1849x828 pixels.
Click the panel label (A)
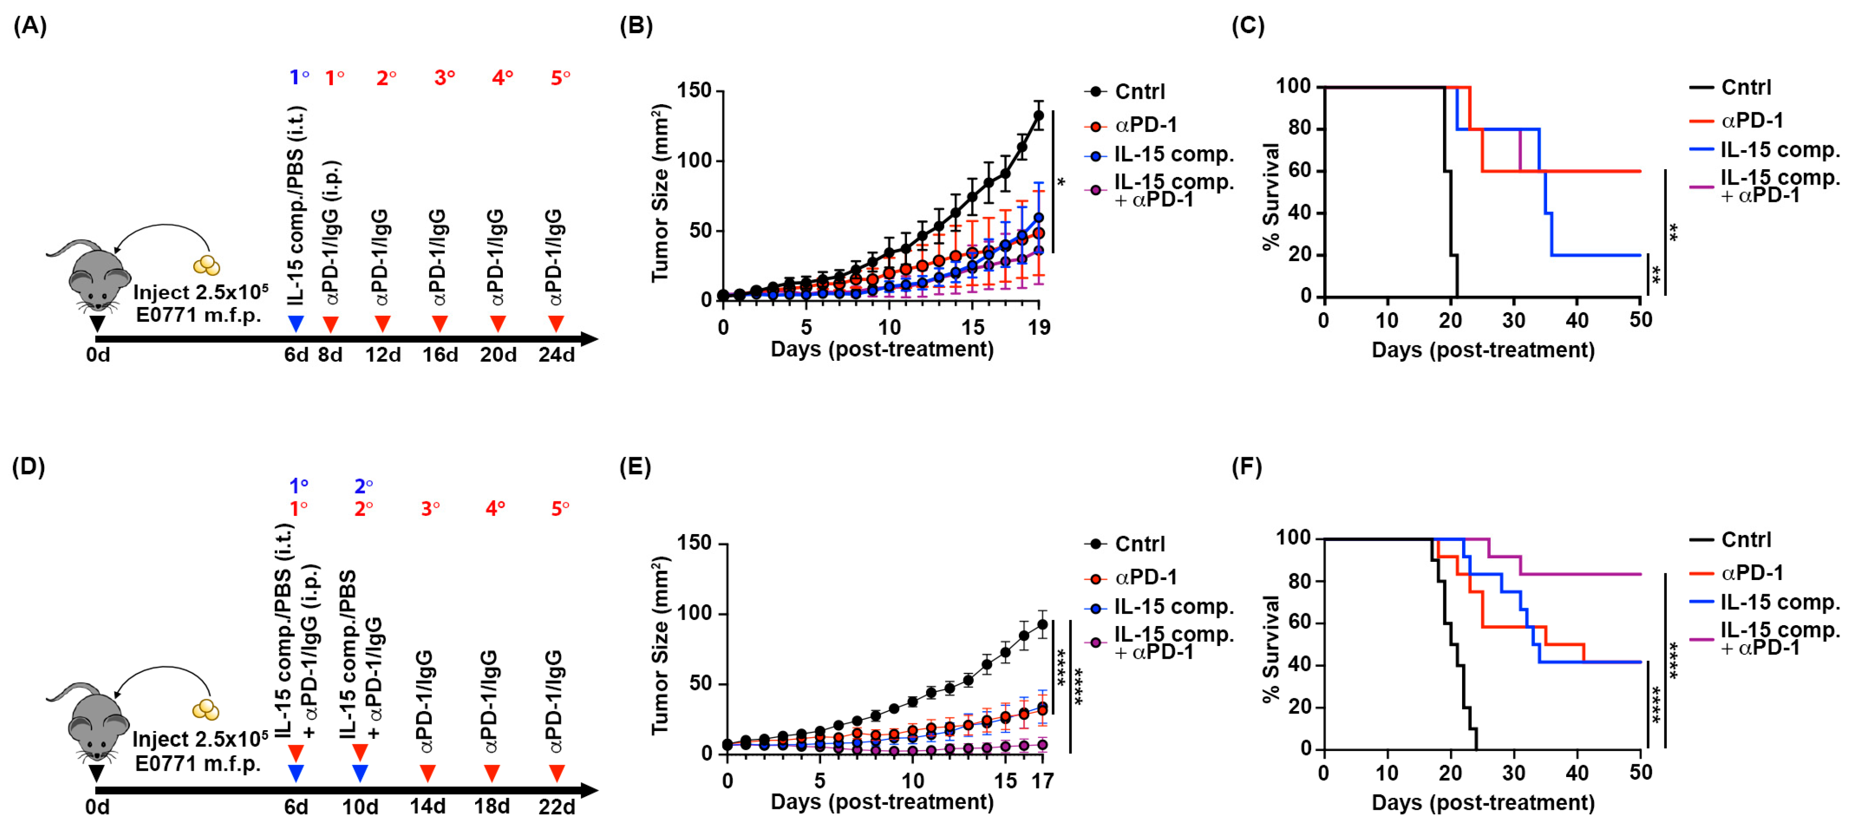click(30, 26)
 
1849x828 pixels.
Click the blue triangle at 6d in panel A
click(296, 324)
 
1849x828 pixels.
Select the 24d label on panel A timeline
click(556, 355)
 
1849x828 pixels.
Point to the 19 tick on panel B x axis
click(1039, 328)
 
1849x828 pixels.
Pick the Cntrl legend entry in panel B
click(1139, 92)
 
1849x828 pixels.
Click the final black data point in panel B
click(1038, 116)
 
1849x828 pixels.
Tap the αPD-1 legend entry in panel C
click(1751, 121)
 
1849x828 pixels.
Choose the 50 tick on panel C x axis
click(1640, 320)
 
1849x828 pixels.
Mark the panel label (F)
click(1247, 468)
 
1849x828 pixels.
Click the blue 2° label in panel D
click(363, 487)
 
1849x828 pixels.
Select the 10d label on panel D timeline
click(361, 807)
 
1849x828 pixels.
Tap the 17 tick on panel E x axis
click(1042, 781)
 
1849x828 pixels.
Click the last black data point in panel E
click(1042, 625)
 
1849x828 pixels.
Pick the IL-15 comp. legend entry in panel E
click(1173, 607)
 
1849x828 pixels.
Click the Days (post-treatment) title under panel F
click(1483, 802)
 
